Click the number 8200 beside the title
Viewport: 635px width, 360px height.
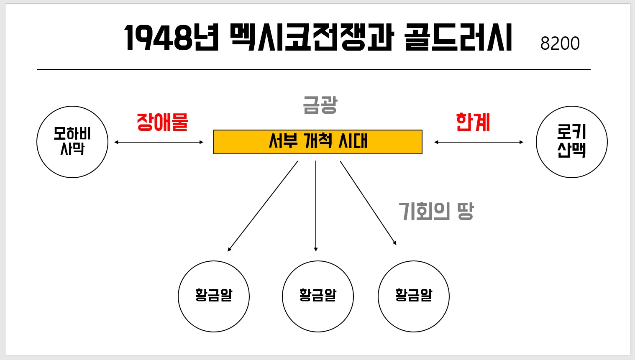pos(560,43)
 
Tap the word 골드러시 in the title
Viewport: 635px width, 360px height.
pos(458,38)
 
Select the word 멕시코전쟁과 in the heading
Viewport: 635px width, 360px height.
pos(312,38)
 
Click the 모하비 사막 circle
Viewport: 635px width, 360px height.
pos(72,142)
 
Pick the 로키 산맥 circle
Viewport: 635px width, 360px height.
pos(571,142)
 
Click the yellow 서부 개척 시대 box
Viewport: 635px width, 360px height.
pos(318,142)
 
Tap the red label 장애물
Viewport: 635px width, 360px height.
pos(162,123)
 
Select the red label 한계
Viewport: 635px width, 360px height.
pos(473,123)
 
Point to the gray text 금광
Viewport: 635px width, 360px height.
pos(320,105)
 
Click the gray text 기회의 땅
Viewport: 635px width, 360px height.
pos(436,211)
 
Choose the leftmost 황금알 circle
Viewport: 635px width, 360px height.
pos(214,296)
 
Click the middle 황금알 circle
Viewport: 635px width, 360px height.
pos(318,296)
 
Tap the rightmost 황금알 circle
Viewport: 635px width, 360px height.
pos(414,296)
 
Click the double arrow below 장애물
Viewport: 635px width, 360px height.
pos(159,142)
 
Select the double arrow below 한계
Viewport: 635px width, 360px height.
pos(479,142)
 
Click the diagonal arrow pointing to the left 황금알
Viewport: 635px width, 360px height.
pos(263,206)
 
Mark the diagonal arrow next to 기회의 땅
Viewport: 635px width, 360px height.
pos(368,203)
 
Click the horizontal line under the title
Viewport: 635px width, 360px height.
pos(314,69)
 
